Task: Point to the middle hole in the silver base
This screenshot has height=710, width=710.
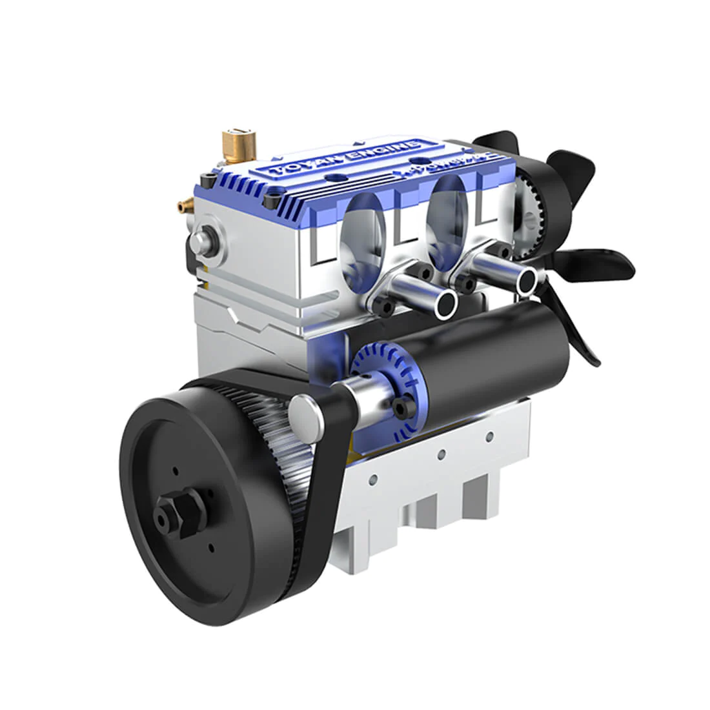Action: pyautogui.click(x=441, y=455)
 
